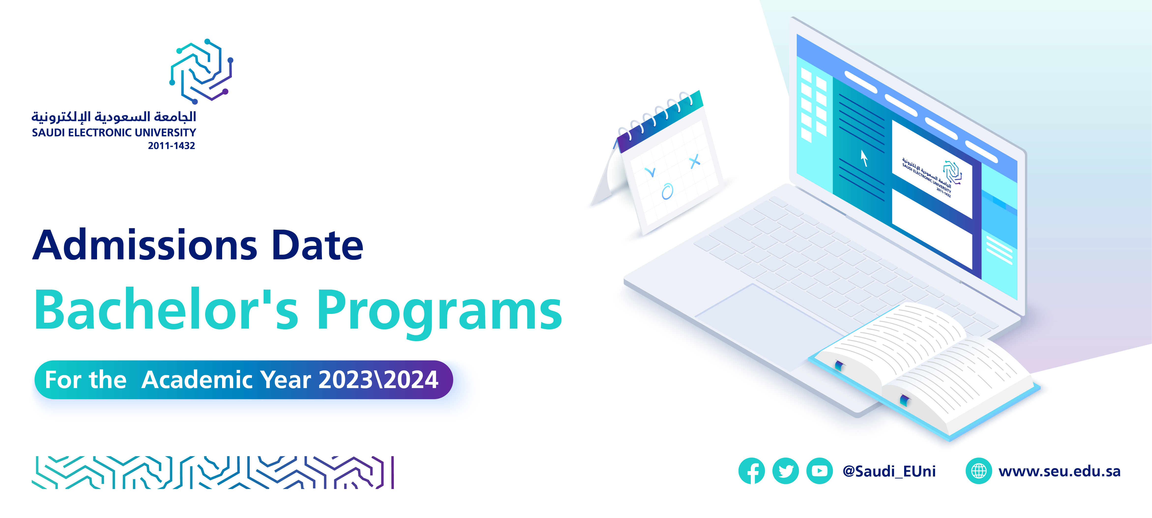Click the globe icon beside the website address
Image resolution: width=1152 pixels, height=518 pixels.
[x=979, y=471]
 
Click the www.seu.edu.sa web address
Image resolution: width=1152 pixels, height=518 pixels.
[x=1059, y=471]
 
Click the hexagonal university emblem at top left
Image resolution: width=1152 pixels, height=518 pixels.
[x=201, y=71]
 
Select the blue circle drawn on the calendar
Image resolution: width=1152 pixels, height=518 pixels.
[x=667, y=191]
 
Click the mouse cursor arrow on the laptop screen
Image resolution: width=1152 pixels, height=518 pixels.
[x=864, y=158]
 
